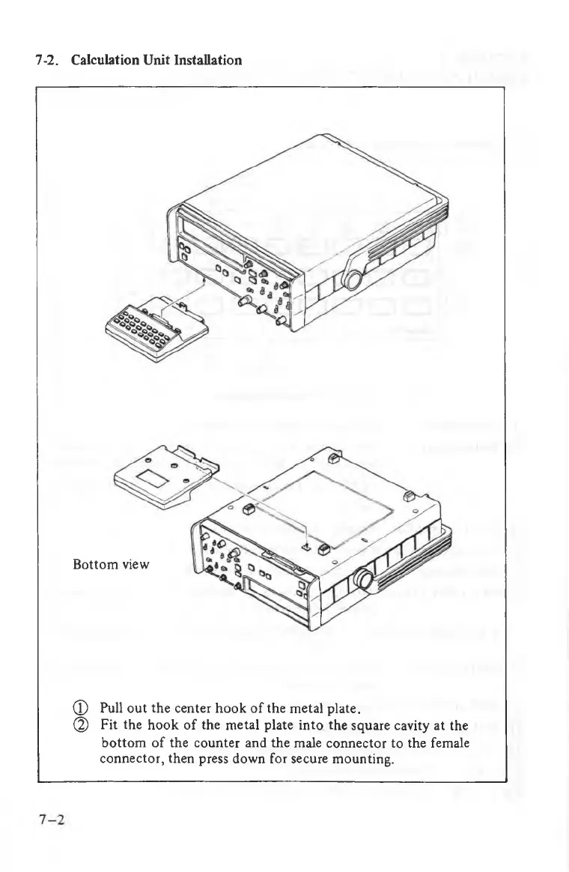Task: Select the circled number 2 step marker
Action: tap(84, 726)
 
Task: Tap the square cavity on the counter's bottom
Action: tap(305, 545)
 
